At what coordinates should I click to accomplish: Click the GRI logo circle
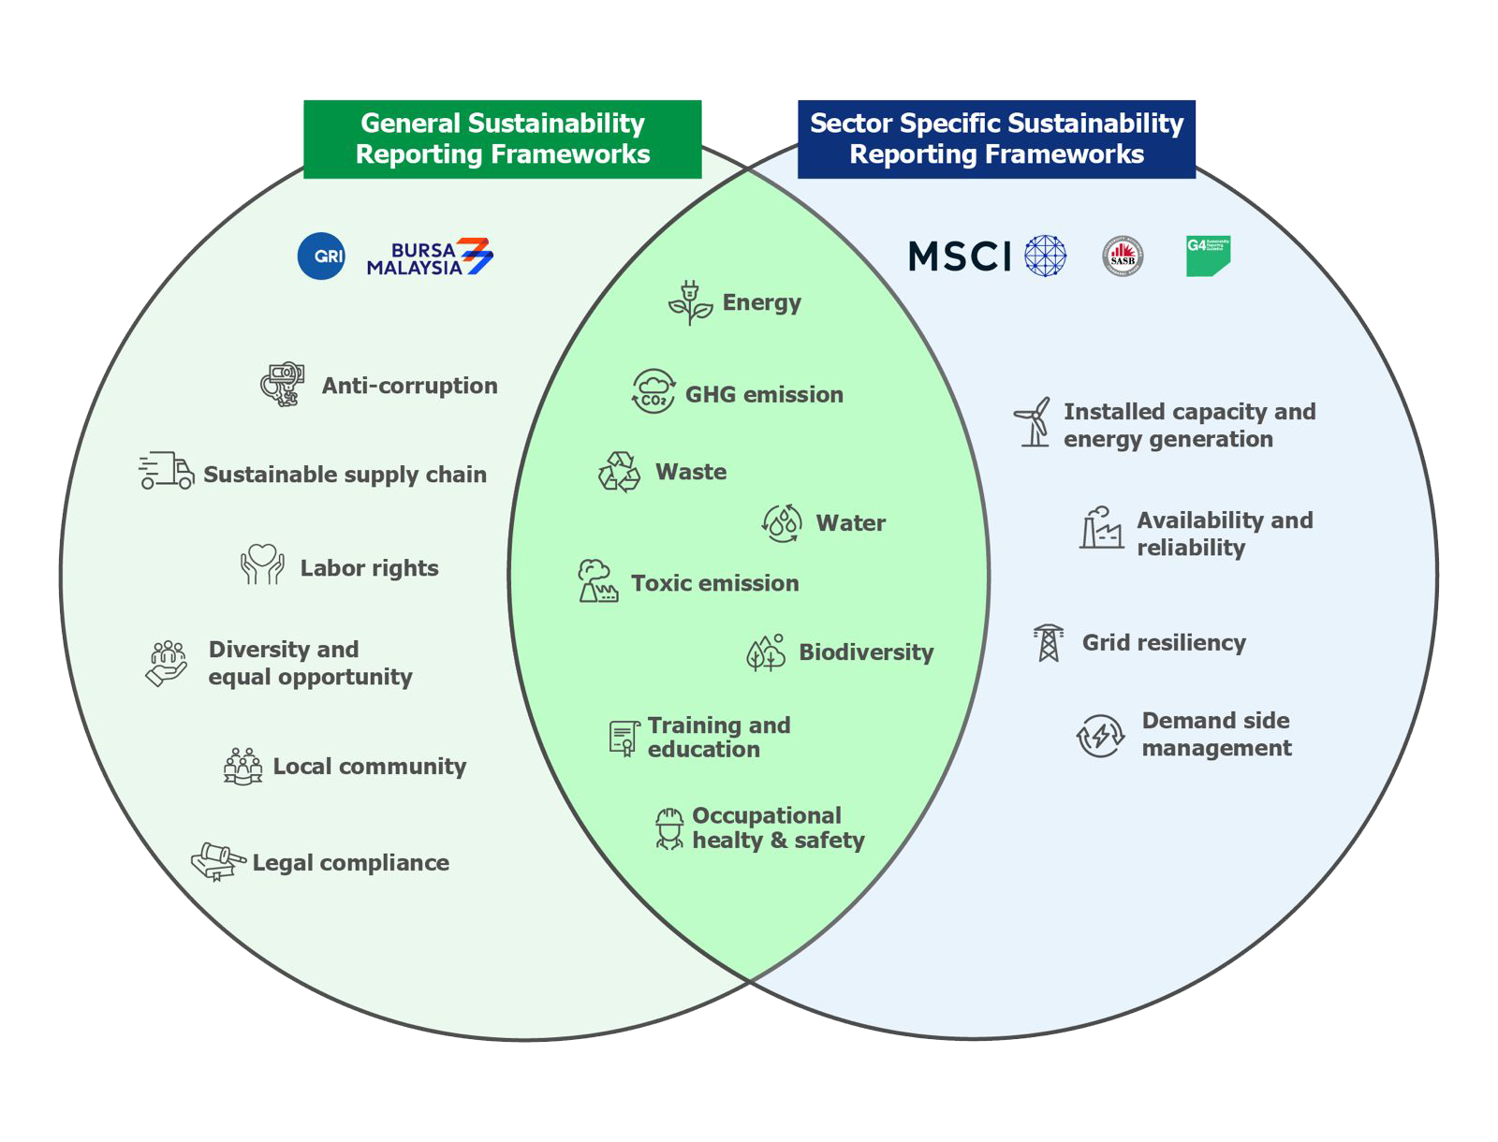coord(321,256)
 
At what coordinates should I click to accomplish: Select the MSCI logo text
coord(960,256)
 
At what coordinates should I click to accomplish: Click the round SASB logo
coord(1123,256)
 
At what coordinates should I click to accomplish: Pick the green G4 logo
coord(1208,256)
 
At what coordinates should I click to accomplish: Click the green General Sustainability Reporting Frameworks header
coord(503,139)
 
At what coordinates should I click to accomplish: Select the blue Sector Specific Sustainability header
coord(996,139)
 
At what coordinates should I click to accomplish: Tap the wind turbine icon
coord(1034,422)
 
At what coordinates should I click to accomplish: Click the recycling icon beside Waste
coord(619,472)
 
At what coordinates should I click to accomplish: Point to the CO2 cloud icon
coord(654,392)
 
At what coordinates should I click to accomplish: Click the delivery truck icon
coord(167,471)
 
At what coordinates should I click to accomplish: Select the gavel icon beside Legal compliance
coord(218,860)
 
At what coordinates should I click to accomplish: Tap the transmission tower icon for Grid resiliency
coord(1048,643)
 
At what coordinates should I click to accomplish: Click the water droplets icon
coord(783,523)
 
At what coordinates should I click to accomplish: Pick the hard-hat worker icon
coord(668,828)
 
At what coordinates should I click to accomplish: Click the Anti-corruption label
coord(409,386)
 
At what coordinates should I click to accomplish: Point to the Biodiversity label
coord(866,652)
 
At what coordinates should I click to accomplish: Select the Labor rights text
coord(369,568)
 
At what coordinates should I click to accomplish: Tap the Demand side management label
coord(1216,734)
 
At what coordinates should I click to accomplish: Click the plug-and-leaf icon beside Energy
coord(690,303)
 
